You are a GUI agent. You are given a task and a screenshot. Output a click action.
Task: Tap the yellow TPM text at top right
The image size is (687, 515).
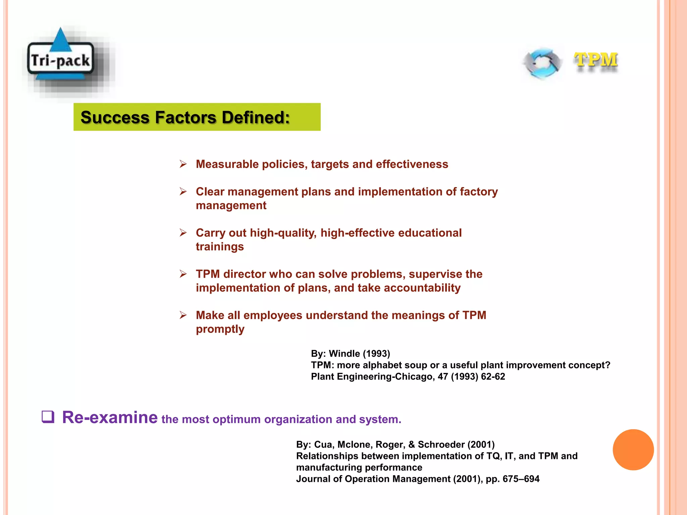point(596,60)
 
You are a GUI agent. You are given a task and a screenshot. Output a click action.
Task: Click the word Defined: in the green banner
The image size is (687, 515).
point(256,117)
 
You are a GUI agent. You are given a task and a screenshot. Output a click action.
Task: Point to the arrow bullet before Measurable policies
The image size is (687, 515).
point(183,164)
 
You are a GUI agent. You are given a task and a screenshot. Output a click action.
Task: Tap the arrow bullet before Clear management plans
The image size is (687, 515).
point(183,191)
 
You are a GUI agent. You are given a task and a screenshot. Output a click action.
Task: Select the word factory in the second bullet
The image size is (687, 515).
point(479,192)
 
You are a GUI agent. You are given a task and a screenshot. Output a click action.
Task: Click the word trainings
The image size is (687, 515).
point(220,247)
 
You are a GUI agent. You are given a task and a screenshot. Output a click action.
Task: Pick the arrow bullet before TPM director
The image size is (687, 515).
point(183,274)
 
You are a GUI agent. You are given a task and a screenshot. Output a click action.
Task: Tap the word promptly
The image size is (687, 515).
point(220,329)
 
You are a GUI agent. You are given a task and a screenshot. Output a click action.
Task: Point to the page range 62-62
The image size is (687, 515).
point(493,377)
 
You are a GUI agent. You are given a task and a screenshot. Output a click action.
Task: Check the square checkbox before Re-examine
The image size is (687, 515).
point(48,417)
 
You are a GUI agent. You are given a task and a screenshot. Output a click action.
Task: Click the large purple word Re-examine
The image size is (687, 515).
point(110,417)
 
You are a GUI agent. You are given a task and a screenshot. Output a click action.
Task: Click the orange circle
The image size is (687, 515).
point(633,450)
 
